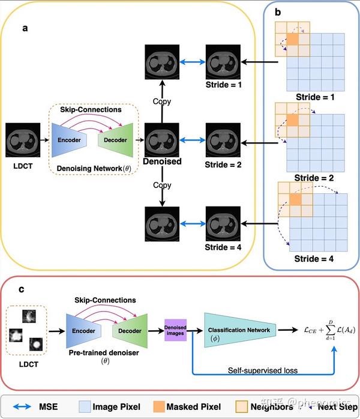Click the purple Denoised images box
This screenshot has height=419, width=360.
(176, 330)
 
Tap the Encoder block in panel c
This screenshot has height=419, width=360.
(84, 330)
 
